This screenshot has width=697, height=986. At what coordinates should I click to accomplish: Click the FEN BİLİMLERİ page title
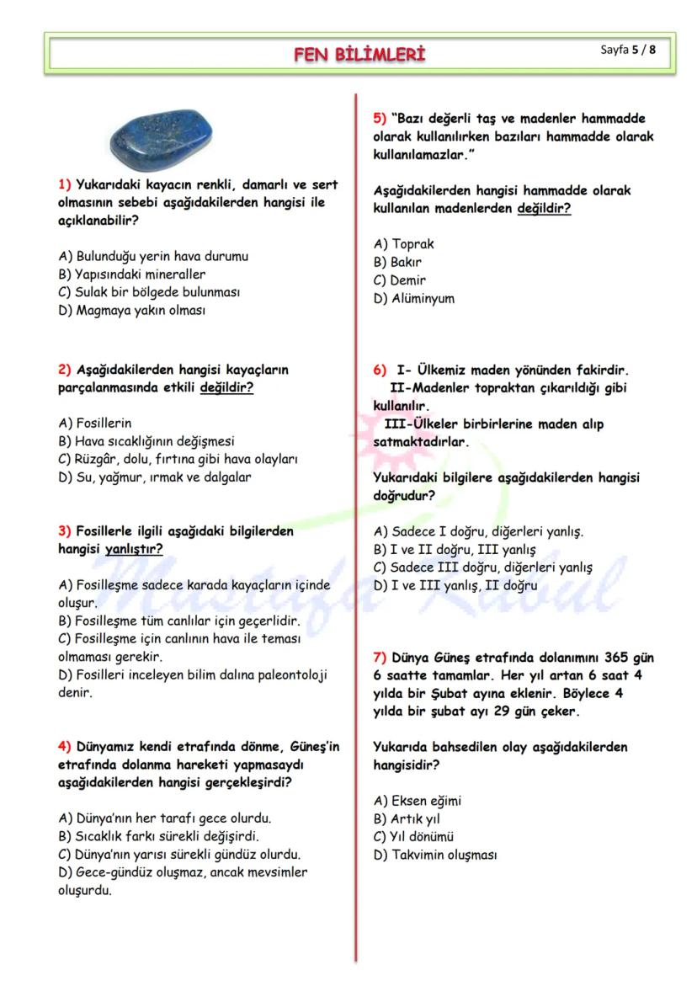point(359,55)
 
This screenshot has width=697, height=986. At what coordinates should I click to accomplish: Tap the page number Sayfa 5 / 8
point(628,50)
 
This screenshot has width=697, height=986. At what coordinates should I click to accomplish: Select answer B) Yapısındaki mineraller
point(132,274)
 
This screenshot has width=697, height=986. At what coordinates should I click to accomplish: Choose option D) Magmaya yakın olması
point(132,310)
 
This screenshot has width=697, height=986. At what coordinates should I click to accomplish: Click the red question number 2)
point(65,370)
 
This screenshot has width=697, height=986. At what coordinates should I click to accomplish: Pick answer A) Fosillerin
point(95,423)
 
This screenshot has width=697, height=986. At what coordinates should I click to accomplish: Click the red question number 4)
point(65,747)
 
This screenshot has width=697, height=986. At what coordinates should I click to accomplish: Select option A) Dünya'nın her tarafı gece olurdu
point(165,818)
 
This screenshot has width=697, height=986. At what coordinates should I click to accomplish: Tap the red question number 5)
point(380,119)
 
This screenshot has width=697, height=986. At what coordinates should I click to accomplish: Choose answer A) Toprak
point(404,244)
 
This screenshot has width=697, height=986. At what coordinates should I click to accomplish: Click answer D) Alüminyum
point(413,298)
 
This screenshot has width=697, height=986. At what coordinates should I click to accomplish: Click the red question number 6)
point(380,370)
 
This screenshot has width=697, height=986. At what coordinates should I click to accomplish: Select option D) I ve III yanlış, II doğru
point(455,585)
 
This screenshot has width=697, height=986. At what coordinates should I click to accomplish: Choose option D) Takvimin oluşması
point(435,855)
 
